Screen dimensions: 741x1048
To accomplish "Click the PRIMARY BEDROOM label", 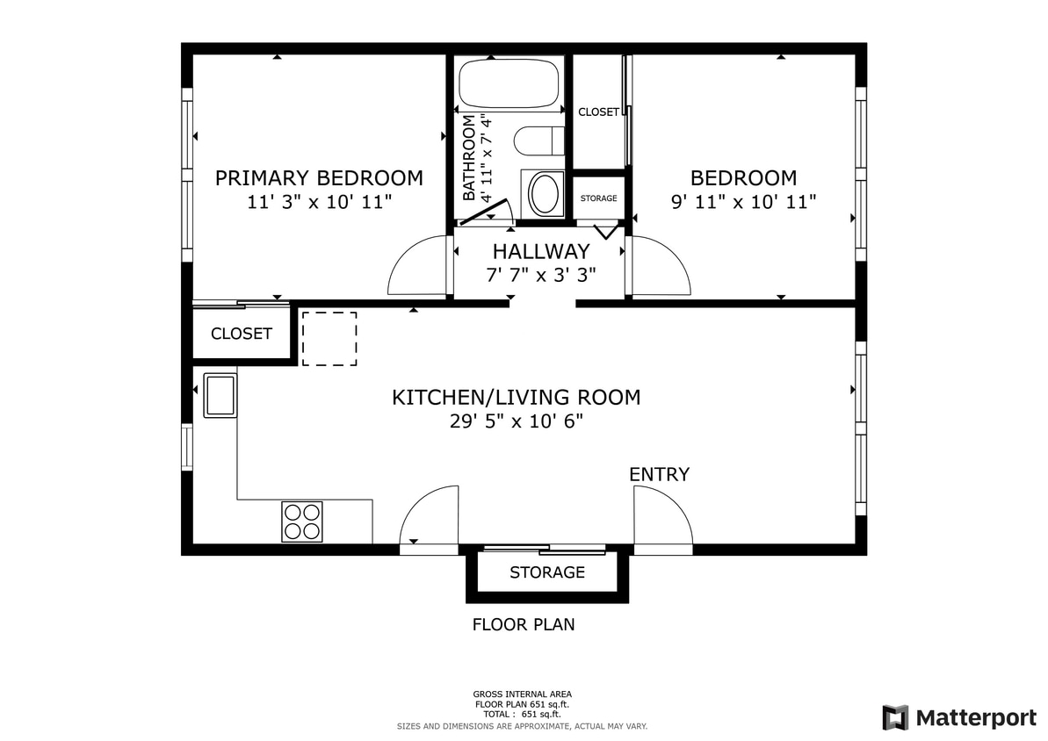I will click(x=319, y=178).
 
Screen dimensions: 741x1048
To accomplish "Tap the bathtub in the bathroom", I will click(x=510, y=83).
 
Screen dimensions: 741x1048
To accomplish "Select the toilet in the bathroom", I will click(x=538, y=141).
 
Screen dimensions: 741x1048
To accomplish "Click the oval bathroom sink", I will click(x=545, y=193).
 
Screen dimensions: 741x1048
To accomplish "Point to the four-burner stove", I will click(x=302, y=521).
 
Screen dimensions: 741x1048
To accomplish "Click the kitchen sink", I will click(x=220, y=395).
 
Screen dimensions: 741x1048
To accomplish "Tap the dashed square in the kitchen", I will click(x=329, y=338).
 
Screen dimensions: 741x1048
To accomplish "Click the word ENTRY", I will click(x=659, y=475).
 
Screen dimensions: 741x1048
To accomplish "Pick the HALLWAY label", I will click(x=541, y=252).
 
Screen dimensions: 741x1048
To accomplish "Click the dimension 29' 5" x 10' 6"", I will click(x=517, y=421).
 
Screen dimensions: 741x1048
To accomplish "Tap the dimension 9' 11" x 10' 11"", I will click(x=744, y=202).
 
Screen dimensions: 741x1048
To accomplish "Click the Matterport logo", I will click(x=959, y=717).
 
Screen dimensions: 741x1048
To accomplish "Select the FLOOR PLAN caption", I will click(x=524, y=625).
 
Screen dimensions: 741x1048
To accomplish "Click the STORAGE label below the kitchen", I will click(x=547, y=572).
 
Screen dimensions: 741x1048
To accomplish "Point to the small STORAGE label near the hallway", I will click(x=598, y=198).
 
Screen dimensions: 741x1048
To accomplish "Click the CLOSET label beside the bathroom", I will click(x=598, y=112).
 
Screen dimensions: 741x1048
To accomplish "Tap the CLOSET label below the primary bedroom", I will click(x=242, y=334).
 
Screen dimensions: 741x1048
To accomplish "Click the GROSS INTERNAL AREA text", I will click(x=523, y=694).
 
